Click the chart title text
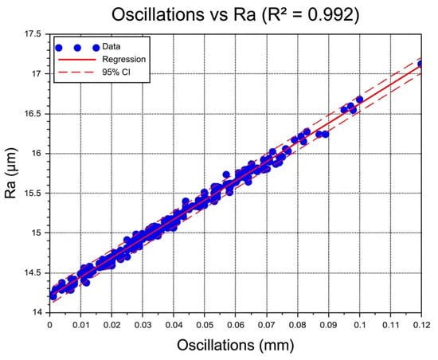(235, 14)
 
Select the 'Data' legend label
(111, 46)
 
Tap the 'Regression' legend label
(123, 59)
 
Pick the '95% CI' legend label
(116, 72)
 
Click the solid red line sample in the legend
(76, 60)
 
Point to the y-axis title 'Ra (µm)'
(10, 173)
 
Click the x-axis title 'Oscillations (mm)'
(235, 345)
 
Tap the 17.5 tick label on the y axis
(33, 33)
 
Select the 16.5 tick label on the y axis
(33, 114)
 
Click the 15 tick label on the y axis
(37, 233)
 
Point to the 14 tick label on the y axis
(37, 312)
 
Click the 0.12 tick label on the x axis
(421, 325)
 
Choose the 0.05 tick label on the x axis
(205, 325)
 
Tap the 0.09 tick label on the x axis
(328, 325)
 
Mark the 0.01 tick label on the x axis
(80, 325)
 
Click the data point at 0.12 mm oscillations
(420, 64)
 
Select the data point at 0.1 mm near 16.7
(359, 100)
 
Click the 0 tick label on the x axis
(49, 325)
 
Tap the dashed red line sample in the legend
(76, 72)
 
